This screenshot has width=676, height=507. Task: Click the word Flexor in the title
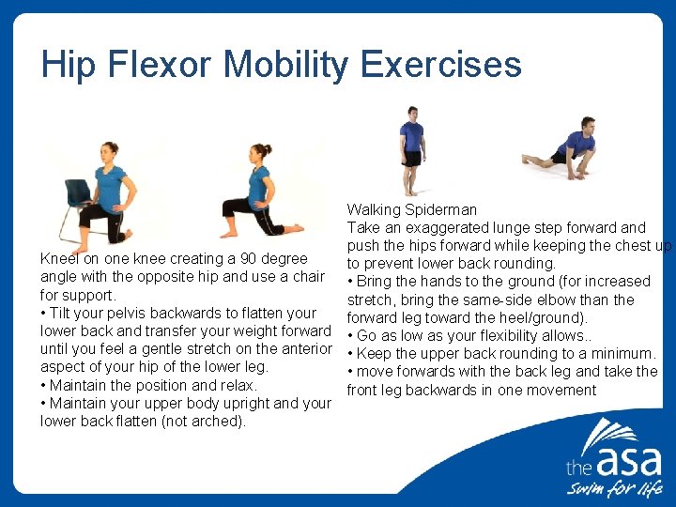click(x=160, y=64)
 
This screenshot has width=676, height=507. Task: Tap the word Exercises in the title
click(x=440, y=64)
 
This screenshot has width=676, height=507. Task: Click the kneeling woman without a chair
click(x=258, y=192)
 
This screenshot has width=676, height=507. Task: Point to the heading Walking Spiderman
click(x=411, y=209)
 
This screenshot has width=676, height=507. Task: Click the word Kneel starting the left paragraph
click(x=58, y=258)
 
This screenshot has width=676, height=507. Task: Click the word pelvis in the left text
click(x=136, y=313)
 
